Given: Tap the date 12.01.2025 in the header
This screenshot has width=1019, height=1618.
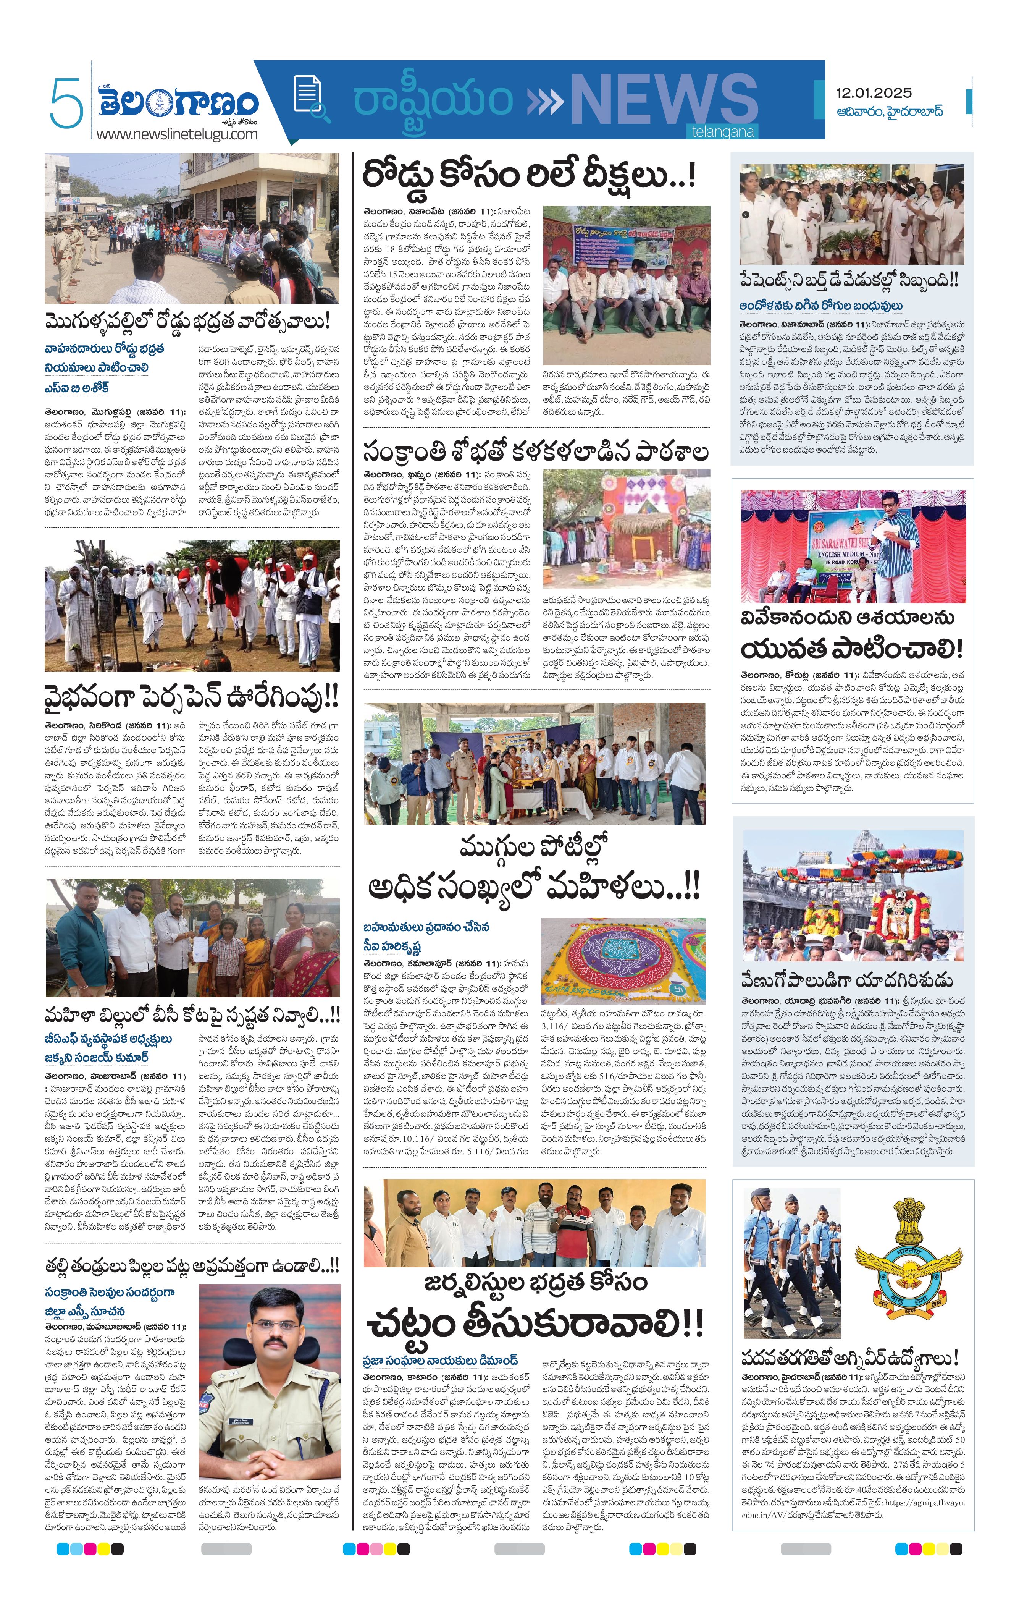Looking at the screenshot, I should click(873, 93).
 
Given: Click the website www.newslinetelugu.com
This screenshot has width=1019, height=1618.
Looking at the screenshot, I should click(177, 134).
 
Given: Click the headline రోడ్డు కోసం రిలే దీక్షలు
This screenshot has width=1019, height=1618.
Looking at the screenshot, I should click(529, 176).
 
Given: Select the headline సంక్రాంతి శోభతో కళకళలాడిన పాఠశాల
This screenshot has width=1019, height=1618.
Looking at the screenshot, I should click(535, 451).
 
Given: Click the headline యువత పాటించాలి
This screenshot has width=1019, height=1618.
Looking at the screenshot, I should click(852, 649).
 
